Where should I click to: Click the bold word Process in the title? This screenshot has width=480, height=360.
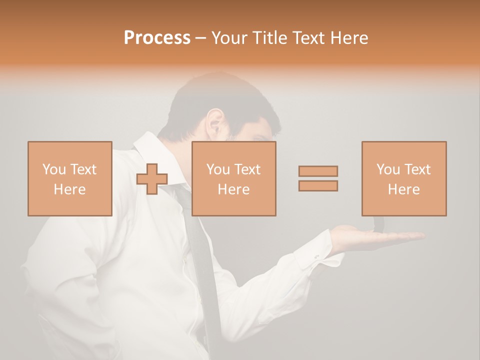(x=157, y=38)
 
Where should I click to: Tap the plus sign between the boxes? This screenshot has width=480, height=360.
(x=152, y=178)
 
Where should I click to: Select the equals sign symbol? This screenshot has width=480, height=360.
(x=318, y=178)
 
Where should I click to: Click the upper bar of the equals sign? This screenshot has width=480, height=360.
(x=318, y=171)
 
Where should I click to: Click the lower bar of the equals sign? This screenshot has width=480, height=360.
(x=318, y=186)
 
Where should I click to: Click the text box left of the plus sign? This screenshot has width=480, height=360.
(x=69, y=178)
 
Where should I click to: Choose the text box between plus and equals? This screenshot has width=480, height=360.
(x=233, y=178)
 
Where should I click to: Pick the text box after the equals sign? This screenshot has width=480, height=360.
(x=403, y=178)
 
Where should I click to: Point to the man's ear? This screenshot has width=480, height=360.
(x=215, y=122)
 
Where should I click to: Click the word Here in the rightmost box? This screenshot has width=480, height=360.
(x=403, y=189)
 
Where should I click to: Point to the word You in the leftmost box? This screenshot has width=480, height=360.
(x=53, y=169)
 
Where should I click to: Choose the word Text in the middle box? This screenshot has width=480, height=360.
(x=247, y=169)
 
